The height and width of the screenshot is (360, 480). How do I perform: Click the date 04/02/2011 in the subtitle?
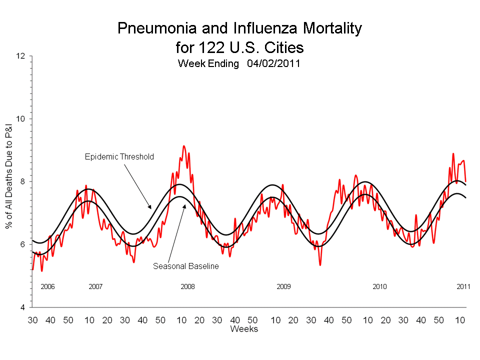pos(273,64)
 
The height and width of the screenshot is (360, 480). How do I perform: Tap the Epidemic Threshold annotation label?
pos(119,156)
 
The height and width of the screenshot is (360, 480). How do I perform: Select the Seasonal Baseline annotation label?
pos(185,266)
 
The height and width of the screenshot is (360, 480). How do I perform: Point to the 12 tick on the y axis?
pos(21,56)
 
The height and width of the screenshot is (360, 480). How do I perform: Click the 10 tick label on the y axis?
pos(21,119)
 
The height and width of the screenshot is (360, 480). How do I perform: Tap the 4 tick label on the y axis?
pos(23,307)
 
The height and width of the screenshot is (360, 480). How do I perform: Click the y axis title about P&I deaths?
pos(9,181)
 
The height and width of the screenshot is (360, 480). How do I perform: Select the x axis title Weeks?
pos(244,329)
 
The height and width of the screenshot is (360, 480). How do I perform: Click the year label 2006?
pos(47,287)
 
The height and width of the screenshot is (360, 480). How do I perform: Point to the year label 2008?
pos(187,287)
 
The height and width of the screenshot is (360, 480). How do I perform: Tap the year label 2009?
pos(283,287)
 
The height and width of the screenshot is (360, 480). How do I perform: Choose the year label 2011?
pos(463,287)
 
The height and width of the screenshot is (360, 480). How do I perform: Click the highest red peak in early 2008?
pos(184,146)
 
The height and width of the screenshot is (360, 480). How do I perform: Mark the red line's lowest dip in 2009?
pos(320,264)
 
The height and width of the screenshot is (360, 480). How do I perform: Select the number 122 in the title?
pos(186,47)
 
